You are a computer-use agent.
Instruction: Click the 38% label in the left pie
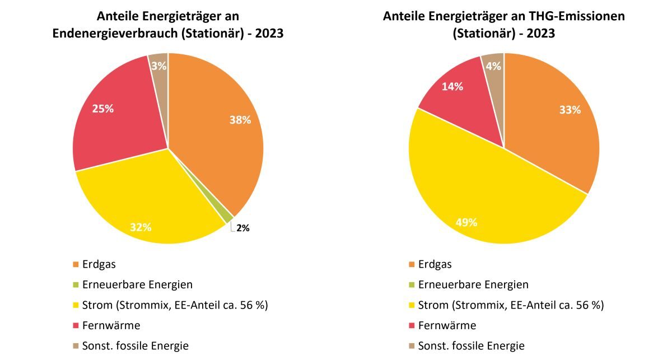[240, 119]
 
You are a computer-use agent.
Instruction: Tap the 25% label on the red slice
[103, 109]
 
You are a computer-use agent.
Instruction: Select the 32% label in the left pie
[141, 227]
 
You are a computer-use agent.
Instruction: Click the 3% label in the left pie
[158, 66]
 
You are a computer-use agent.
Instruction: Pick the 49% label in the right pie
[466, 222]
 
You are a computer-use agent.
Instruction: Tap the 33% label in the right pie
[570, 110]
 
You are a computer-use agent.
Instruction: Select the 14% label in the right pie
[452, 86]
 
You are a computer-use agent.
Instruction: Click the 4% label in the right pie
[493, 66]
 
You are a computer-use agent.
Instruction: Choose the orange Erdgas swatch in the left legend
[76, 264]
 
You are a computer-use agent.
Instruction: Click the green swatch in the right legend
[412, 285]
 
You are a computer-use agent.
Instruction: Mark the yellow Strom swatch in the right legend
[412, 305]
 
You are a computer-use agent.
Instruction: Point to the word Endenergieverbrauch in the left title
[115, 33]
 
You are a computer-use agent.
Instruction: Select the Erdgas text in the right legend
[436, 264]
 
